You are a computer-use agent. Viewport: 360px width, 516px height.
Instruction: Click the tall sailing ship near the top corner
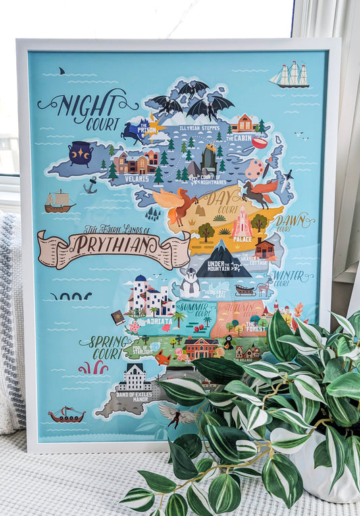(x=290, y=75)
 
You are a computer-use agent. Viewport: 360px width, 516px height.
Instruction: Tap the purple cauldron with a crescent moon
(x=81, y=153)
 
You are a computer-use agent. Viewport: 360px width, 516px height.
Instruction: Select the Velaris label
(x=137, y=179)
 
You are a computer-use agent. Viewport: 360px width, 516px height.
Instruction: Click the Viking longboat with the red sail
(x=66, y=415)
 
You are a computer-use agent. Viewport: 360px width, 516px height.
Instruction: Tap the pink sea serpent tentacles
(x=93, y=367)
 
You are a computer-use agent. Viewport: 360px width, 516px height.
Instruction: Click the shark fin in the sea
(x=61, y=70)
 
